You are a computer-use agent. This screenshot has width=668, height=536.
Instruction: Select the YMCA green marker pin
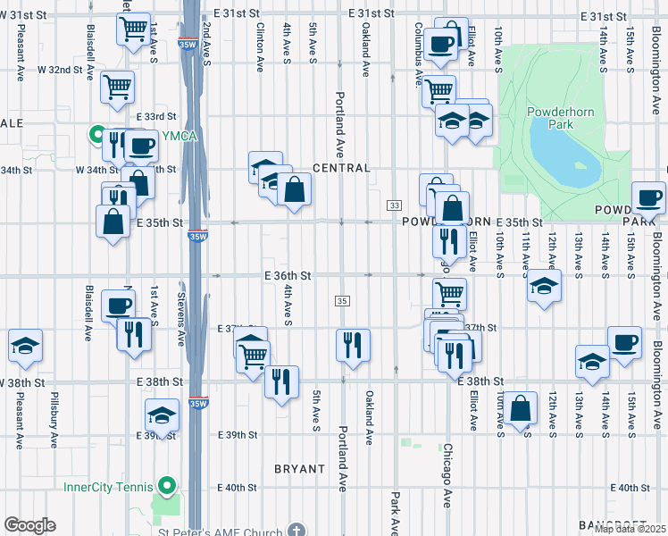point(96,135)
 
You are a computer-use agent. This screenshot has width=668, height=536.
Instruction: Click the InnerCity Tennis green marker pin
point(165,487)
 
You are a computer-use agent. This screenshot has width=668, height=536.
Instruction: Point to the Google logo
point(29,525)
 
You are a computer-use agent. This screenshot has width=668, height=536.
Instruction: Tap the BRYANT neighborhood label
point(299,468)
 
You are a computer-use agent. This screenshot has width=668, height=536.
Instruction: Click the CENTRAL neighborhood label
point(341,168)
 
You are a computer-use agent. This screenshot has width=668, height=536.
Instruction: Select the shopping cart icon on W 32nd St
point(118,87)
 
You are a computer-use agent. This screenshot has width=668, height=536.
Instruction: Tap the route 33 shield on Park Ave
point(394,205)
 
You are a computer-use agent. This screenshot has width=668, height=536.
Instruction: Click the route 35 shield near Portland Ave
point(344,301)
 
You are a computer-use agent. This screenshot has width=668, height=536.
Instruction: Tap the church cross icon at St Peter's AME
point(297,529)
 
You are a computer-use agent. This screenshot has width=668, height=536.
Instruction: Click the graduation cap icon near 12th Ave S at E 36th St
point(542,287)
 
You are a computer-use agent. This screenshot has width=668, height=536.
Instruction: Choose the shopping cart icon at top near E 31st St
point(133,28)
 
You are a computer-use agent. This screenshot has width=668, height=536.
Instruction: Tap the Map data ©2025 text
point(630,529)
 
